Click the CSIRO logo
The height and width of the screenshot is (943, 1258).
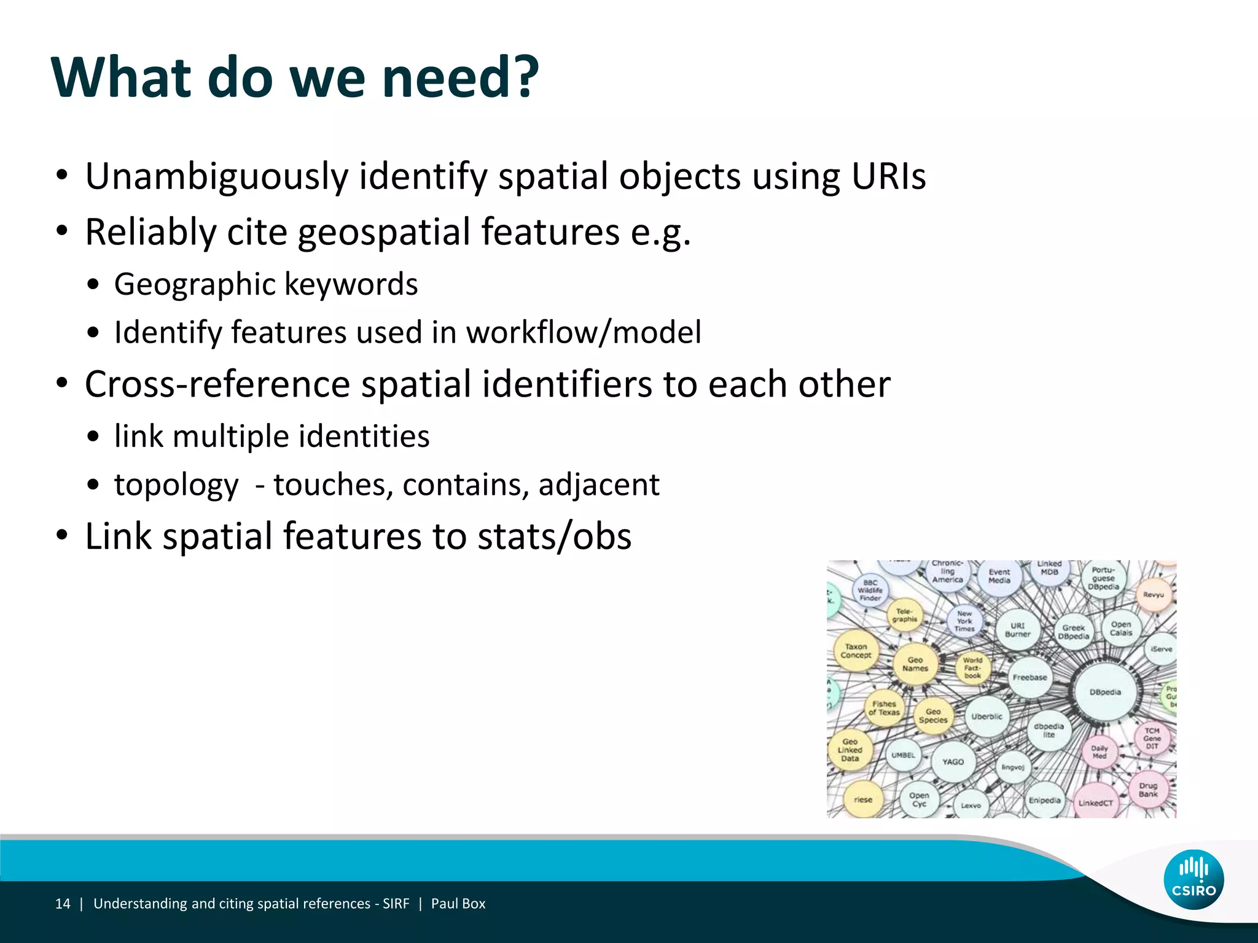[x=1193, y=879]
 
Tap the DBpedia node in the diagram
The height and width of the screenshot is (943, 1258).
[x=1105, y=692]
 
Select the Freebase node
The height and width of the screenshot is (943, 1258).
[x=1030, y=677]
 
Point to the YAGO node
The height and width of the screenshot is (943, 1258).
[x=953, y=761]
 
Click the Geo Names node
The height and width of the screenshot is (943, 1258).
[x=915, y=664]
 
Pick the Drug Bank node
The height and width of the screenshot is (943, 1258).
[x=1148, y=790]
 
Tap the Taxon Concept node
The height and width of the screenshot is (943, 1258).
[x=856, y=651]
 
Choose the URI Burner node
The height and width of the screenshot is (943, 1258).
[x=1018, y=630]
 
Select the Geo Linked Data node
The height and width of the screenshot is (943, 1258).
[x=850, y=750]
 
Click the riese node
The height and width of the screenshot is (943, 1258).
[x=863, y=799]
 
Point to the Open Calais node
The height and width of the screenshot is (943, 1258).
[x=1121, y=628]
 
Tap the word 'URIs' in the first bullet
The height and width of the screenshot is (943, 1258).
[x=888, y=177]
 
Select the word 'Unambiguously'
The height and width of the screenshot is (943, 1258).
[x=217, y=177]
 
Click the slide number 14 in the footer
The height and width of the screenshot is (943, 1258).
[x=63, y=904]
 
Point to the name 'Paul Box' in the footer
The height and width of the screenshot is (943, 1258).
[x=458, y=904]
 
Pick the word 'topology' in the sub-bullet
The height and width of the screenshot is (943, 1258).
[x=176, y=485]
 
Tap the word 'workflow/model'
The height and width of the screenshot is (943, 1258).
[x=584, y=333]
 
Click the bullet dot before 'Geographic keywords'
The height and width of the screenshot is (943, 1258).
[x=93, y=285]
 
